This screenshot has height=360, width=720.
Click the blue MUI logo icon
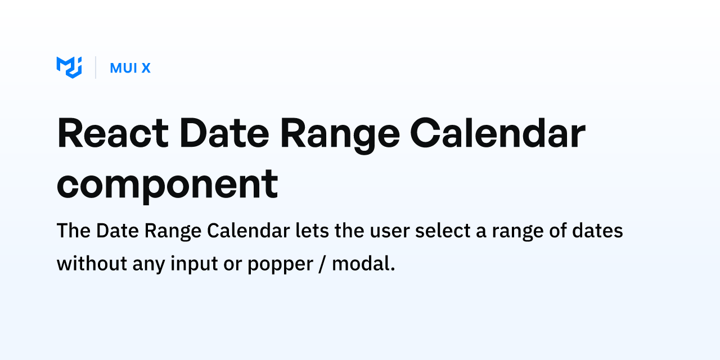click(x=69, y=67)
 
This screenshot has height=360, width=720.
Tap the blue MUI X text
click(x=130, y=68)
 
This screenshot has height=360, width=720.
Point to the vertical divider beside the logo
click(x=96, y=67)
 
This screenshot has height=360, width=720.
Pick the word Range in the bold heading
click(x=340, y=136)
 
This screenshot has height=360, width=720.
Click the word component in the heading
click(x=167, y=186)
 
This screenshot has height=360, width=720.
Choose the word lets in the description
click(x=312, y=231)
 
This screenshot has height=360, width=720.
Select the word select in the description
click(x=443, y=231)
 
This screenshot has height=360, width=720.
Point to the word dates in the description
click(x=597, y=231)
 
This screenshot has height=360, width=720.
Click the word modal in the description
click(x=363, y=264)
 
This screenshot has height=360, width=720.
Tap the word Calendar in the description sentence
click(x=249, y=231)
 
